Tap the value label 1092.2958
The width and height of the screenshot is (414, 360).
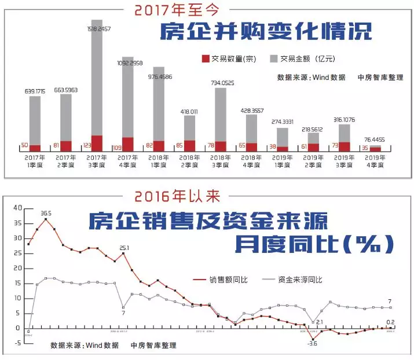point(128,63)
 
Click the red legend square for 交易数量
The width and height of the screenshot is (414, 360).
point(205,58)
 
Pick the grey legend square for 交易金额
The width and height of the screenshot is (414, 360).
point(274,58)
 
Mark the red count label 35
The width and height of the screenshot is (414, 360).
point(364,148)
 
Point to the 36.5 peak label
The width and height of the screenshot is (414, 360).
point(46,213)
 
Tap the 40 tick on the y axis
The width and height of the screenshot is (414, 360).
point(17,208)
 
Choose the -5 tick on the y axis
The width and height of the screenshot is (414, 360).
point(17,343)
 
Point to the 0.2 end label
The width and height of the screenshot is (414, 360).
point(390,322)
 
